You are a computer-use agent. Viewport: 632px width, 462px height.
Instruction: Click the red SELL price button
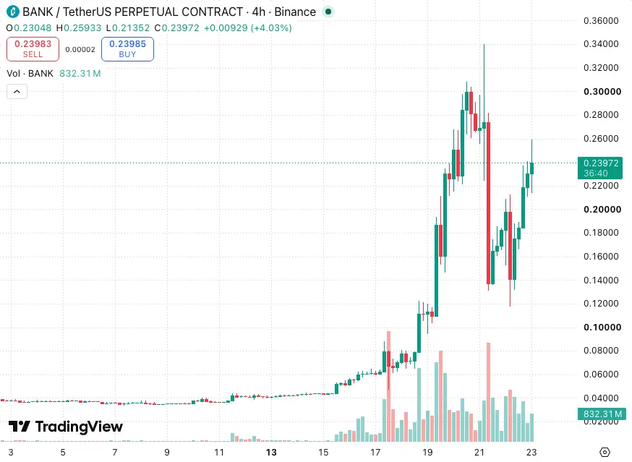(33, 49)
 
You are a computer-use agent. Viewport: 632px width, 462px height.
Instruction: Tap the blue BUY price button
(127, 49)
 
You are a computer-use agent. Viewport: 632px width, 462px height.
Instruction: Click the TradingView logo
(66, 426)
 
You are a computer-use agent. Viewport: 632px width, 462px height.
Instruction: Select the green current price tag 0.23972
(600, 168)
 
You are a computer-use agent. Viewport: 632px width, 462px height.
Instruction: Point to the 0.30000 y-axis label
(602, 92)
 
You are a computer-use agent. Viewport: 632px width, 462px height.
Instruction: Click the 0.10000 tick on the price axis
(602, 327)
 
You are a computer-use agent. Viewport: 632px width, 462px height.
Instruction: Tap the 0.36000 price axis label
(601, 20)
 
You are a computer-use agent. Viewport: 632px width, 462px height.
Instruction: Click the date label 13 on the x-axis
(271, 453)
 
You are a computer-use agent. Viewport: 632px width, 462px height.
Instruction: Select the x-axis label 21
(479, 453)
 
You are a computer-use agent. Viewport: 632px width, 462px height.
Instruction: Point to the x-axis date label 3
(11, 453)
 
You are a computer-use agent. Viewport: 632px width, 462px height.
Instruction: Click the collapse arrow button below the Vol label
(17, 92)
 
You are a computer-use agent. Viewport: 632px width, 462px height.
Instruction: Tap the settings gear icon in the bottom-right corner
(605, 453)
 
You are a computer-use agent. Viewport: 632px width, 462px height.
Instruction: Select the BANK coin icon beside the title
(13, 12)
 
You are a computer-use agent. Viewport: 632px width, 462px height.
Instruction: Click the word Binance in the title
(295, 12)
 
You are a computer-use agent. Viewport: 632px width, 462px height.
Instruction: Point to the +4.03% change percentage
(271, 27)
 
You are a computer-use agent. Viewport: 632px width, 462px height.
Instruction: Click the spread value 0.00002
(80, 50)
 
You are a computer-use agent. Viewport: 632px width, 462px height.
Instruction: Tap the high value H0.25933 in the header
(79, 27)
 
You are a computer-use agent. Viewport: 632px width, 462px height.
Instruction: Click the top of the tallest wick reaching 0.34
(484, 44)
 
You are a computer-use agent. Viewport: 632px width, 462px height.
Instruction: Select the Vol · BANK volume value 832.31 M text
(80, 73)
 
